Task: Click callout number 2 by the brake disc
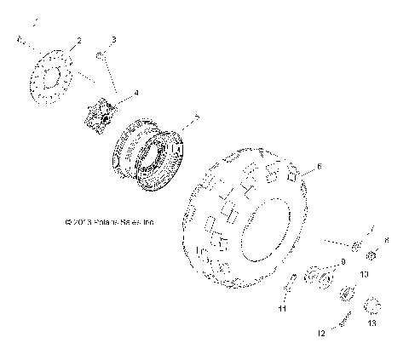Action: pyautogui.click(x=78, y=41)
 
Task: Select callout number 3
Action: pyautogui.click(x=114, y=39)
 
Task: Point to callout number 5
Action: pyautogui.click(x=197, y=117)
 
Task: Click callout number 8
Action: pyautogui.click(x=386, y=241)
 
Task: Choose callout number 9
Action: pyautogui.click(x=343, y=262)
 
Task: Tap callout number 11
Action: pyautogui.click(x=282, y=311)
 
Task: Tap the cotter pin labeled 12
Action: pyautogui.click(x=345, y=322)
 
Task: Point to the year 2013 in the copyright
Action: pyautogui.click(x=84, y=223)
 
